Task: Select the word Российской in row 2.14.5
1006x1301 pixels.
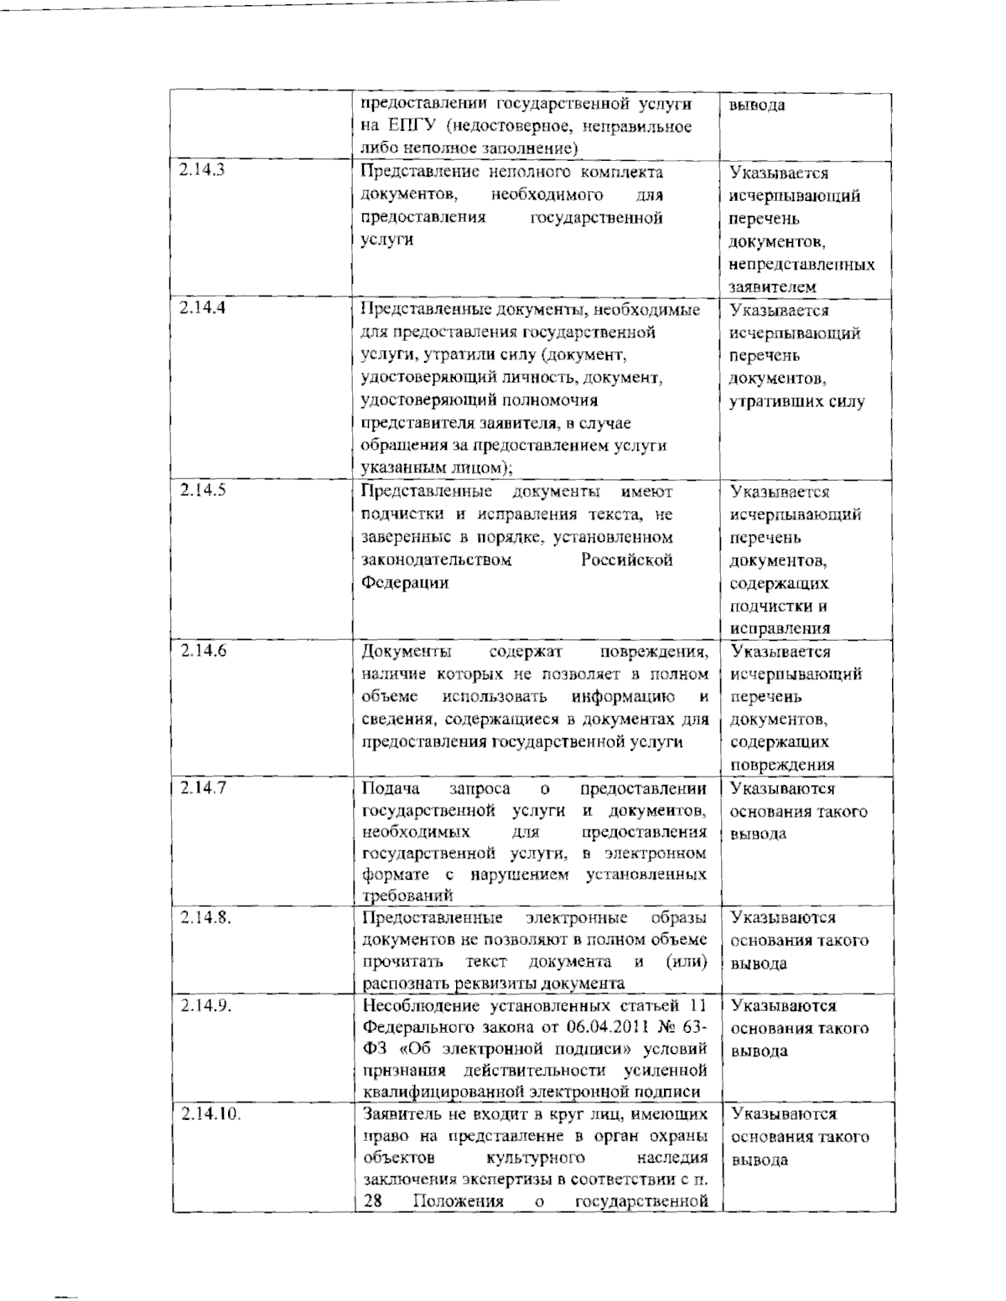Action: coord(627,560)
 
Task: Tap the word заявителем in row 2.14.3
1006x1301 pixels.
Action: coord(772,287)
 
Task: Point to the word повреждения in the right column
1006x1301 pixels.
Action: coord(782,764)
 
